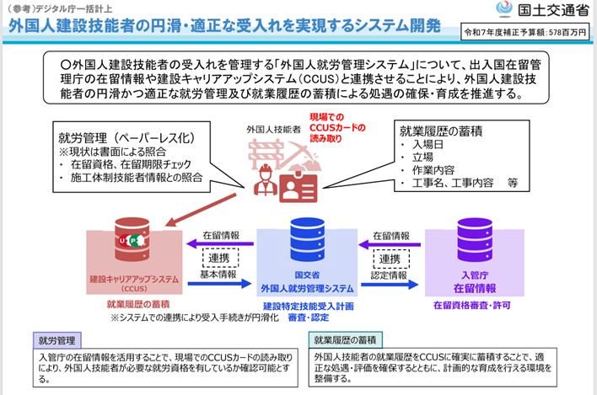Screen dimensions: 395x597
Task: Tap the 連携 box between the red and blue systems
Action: [x=218, y=257]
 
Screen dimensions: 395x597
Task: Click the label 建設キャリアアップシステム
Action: [x=133, y=278]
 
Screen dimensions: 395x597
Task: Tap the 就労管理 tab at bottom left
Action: [x=57, y=341]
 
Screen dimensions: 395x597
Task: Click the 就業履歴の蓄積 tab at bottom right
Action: [x=347, y=340]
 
